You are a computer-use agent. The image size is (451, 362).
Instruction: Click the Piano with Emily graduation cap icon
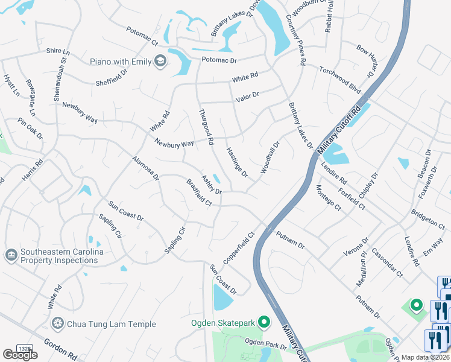pos(160,61)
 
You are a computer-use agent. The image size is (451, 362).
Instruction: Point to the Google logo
pos(20,354)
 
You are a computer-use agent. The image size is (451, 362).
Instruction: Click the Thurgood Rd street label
pos(207,126)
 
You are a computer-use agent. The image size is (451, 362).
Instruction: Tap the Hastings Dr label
pos(237,162)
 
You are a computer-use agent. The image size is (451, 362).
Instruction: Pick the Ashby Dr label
pos(212,185)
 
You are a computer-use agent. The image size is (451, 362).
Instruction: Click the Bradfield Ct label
pos(198,192)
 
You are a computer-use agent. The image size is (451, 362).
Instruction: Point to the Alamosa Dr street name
pos(145,168)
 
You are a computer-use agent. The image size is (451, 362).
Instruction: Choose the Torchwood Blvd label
pos(340,80)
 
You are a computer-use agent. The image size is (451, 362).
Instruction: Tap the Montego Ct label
pos(328,197)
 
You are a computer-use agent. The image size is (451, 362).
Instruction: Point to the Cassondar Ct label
pos(386,262)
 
